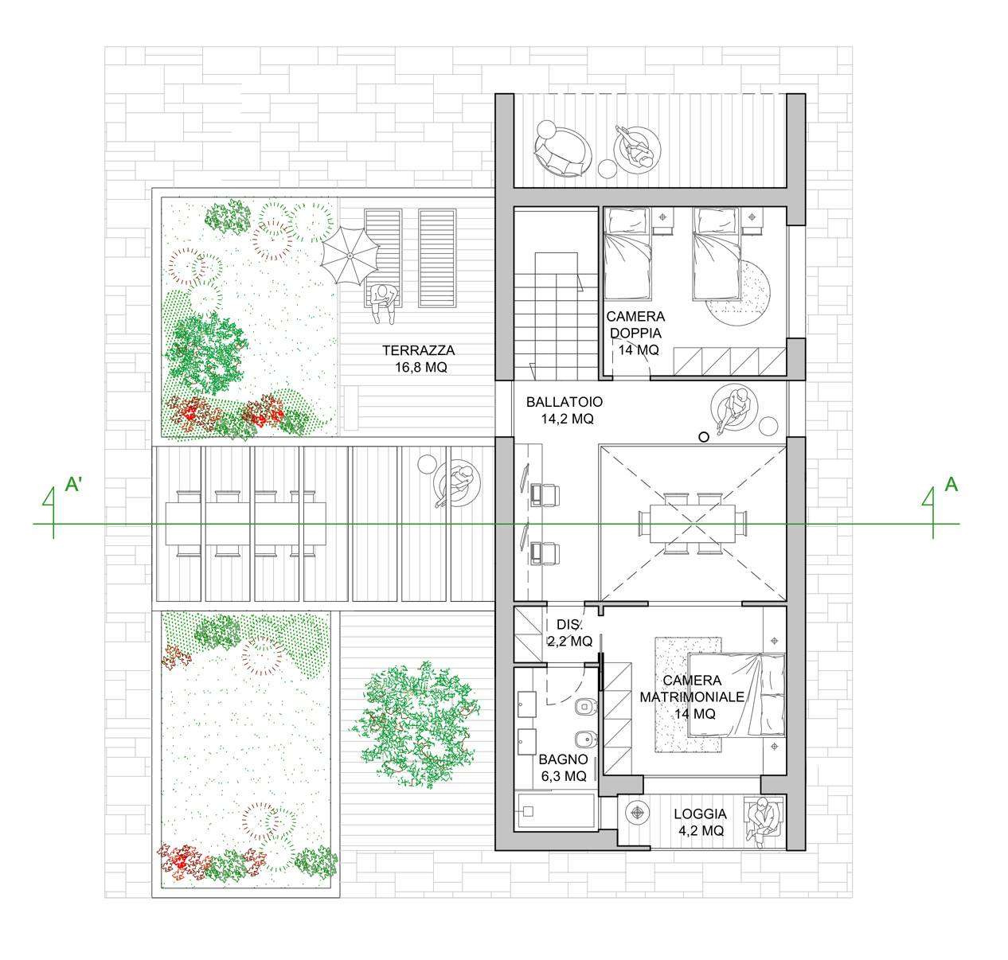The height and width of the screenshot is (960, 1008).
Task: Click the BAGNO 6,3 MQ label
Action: coord(563,767)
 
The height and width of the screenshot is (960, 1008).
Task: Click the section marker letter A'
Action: coord(73,485)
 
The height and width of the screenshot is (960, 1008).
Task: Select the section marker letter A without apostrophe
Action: coord(951,485)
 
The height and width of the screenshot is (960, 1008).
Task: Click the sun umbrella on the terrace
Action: coord(350,255)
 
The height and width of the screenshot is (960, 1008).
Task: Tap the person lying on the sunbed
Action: coord(384,303)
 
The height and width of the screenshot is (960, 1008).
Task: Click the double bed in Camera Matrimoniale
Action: coord(736,695)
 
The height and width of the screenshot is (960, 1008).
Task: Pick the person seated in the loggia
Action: coord(764,819)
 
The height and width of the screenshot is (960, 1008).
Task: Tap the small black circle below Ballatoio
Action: coord(704,437)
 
